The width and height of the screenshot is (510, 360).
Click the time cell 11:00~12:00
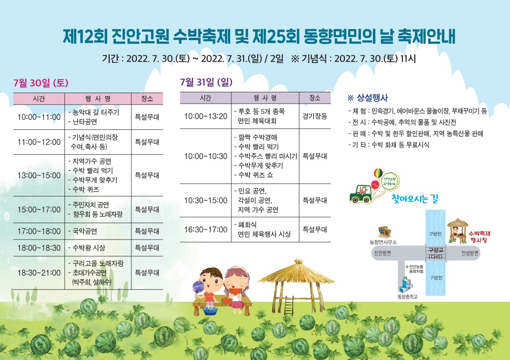click(x=39, y=142)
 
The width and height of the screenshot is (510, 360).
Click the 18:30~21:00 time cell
click(x=39, y=273)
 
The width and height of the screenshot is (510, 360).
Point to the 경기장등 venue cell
click(x=315, y=116)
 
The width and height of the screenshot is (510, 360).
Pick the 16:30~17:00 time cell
click(x=205, y=229)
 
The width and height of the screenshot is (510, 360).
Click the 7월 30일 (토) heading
click(x=41, y=82)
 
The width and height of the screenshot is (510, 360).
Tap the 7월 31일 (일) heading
click(x=207, y=82)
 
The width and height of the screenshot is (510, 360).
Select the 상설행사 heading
click(x=368, y=97)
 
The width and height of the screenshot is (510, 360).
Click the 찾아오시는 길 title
click(x=415, y=198)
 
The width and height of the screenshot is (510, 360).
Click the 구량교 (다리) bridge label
click(x=436, y=253)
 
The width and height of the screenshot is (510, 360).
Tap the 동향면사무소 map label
click(x=383, y=242)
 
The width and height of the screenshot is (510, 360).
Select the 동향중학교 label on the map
click(x=407, y=297)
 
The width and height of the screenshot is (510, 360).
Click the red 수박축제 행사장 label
click(x=480, y=237)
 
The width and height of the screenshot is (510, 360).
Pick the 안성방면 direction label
click(x=470, y=253)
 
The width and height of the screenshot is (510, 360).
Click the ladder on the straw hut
click(x=289, y=306)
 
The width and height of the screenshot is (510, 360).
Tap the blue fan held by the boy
click(x=198, y=287)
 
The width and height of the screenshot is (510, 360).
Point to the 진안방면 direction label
click(x=383, y=253)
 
